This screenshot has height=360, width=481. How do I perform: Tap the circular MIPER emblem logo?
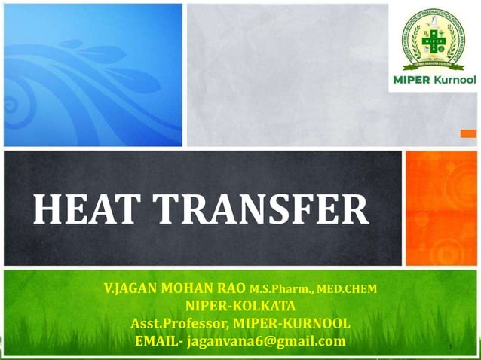[433, 38]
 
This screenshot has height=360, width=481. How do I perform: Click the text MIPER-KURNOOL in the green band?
[291, 324]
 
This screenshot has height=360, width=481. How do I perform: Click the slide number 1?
[449, 347]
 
